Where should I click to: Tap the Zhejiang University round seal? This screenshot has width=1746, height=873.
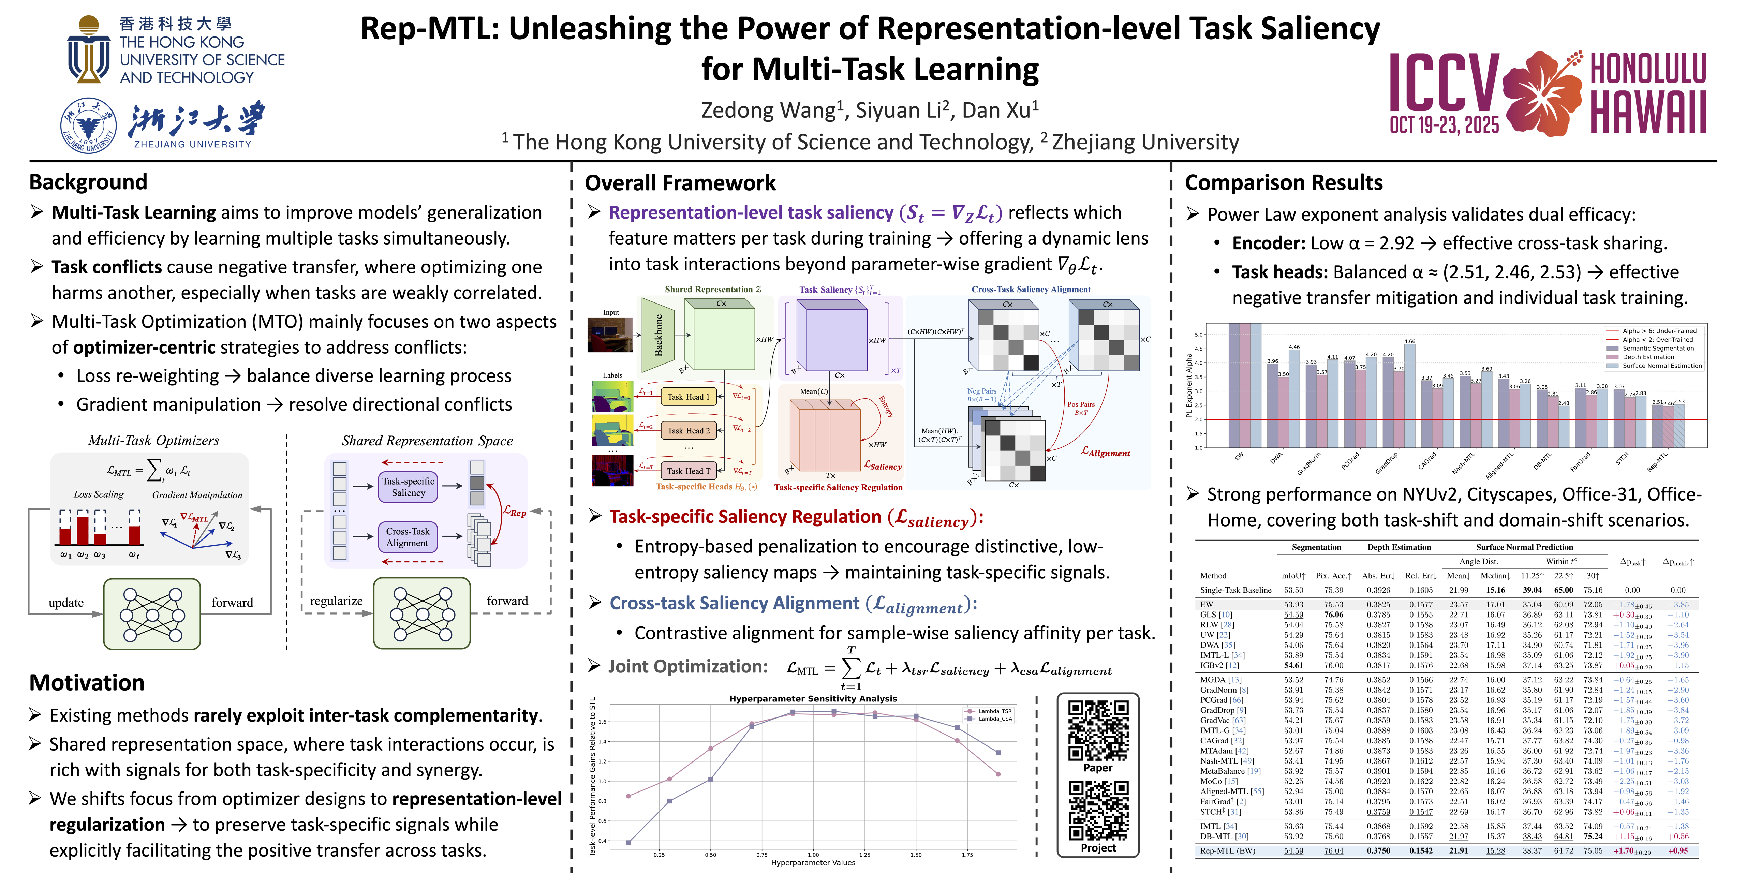tap(88, 125)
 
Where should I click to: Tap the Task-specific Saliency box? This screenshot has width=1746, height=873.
tap(408, 487)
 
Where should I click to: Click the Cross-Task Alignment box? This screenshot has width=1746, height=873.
tap(408, 537)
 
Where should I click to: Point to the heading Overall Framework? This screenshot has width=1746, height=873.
tap(680, 183)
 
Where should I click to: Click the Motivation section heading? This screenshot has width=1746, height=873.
tap(87, 682)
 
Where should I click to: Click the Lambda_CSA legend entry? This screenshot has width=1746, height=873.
tap(994, 719)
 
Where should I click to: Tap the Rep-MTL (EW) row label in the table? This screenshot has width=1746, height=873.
tap(1227, 850)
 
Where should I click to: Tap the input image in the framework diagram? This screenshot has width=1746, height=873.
tap(610, 335)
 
